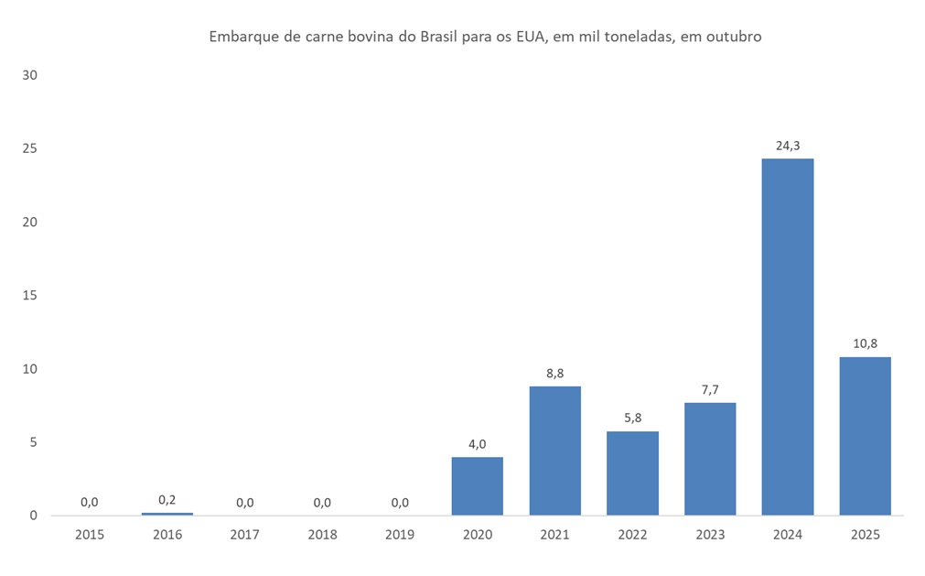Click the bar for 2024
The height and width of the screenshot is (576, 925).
coord(788,337)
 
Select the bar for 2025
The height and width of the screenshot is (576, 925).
coord(865,436)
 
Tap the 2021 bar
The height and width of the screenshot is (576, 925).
coord(554,451)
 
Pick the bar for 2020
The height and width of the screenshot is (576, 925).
coord(477,486)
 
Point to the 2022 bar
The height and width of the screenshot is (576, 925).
coord(632,473)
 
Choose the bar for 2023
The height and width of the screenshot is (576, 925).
coord(710,459)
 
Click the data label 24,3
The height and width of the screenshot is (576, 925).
coord(788,145)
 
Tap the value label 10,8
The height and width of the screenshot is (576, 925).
coord(865,343)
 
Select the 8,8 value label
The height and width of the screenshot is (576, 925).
coord(554,373)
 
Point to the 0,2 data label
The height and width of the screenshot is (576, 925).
coord(167,499)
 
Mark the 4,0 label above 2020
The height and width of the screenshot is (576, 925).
coord(477,443)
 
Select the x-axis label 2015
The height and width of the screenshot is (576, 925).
coord(89,535)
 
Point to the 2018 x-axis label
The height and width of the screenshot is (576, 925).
coord(322,535)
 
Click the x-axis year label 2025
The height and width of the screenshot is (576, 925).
coord(865,535)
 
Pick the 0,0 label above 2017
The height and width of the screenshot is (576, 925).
coord(244,502)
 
